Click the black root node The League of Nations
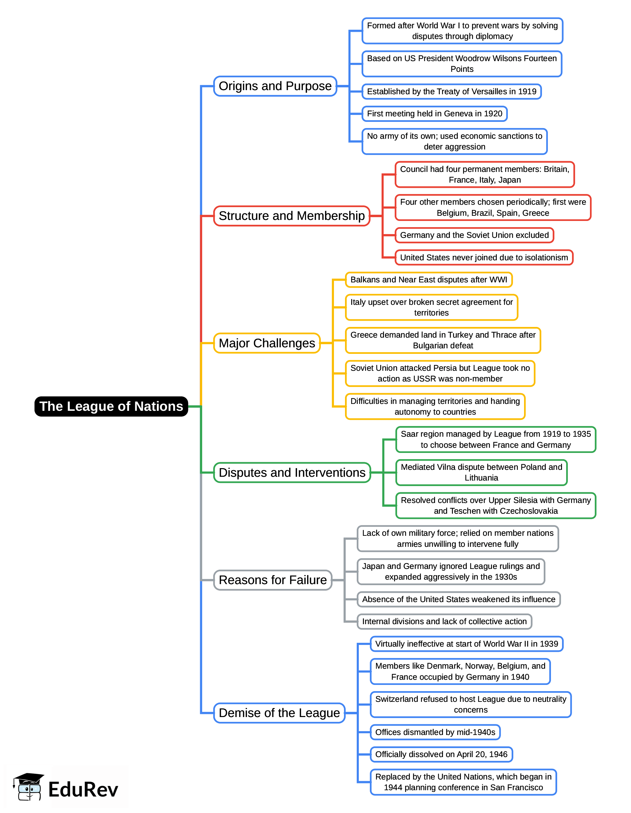[111, 406]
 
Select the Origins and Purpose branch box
[275, 86]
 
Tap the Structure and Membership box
[292, 216]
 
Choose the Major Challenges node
[267, 343]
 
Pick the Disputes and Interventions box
[292, 472]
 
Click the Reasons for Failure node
[273, 580]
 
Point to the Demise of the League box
[279, 713]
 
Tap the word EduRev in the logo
[83, 790]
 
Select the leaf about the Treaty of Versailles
[451, 91]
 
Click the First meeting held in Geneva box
[435, 114]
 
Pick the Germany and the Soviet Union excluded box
[474, 235]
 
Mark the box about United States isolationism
[484, 258]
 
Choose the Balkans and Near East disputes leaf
[428, 280]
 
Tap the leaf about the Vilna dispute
[481, 472]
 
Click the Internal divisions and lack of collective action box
[444, 621]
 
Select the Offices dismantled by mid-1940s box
[435, 732]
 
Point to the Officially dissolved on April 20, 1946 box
[441, 754]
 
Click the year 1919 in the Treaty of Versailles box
[528, 91]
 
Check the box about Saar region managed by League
[495, 439]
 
